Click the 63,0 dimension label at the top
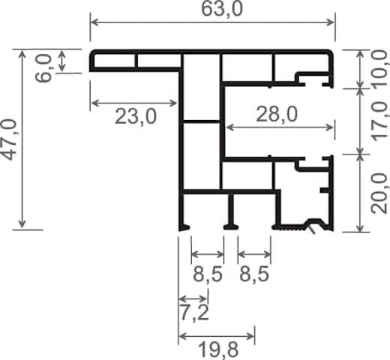click(222, 10)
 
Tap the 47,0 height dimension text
click(10, 139)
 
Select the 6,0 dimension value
click(43, 68)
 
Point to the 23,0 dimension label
click(136, 116)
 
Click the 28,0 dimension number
click(277, 114)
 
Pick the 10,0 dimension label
click(380, 68)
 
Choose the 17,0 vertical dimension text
click(380, 121)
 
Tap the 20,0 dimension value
click(379, 193)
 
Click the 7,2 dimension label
click(194, 313)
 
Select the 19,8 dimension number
click(218, 349)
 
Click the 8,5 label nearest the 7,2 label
click(208, 274)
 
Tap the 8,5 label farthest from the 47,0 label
click(254, 274)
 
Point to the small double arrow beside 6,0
click(61, 61)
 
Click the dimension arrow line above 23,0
click(133, 103)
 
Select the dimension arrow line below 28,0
click(279, 127)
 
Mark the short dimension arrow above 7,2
click(193, 298)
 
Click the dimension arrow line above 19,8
click(217, 336)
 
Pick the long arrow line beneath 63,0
click(212, 22)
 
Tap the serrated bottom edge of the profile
click(292, 228)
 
